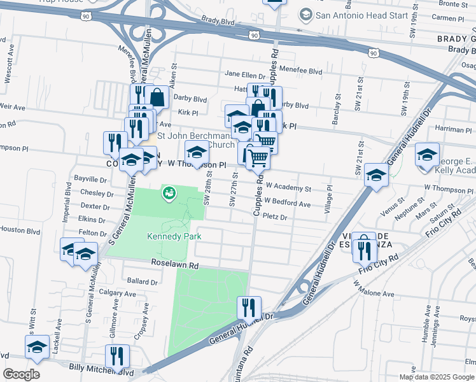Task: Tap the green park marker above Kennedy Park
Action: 169,192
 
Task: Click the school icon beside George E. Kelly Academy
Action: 427,155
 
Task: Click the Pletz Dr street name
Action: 276,218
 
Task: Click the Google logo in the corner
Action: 21,374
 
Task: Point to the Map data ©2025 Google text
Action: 437,377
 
